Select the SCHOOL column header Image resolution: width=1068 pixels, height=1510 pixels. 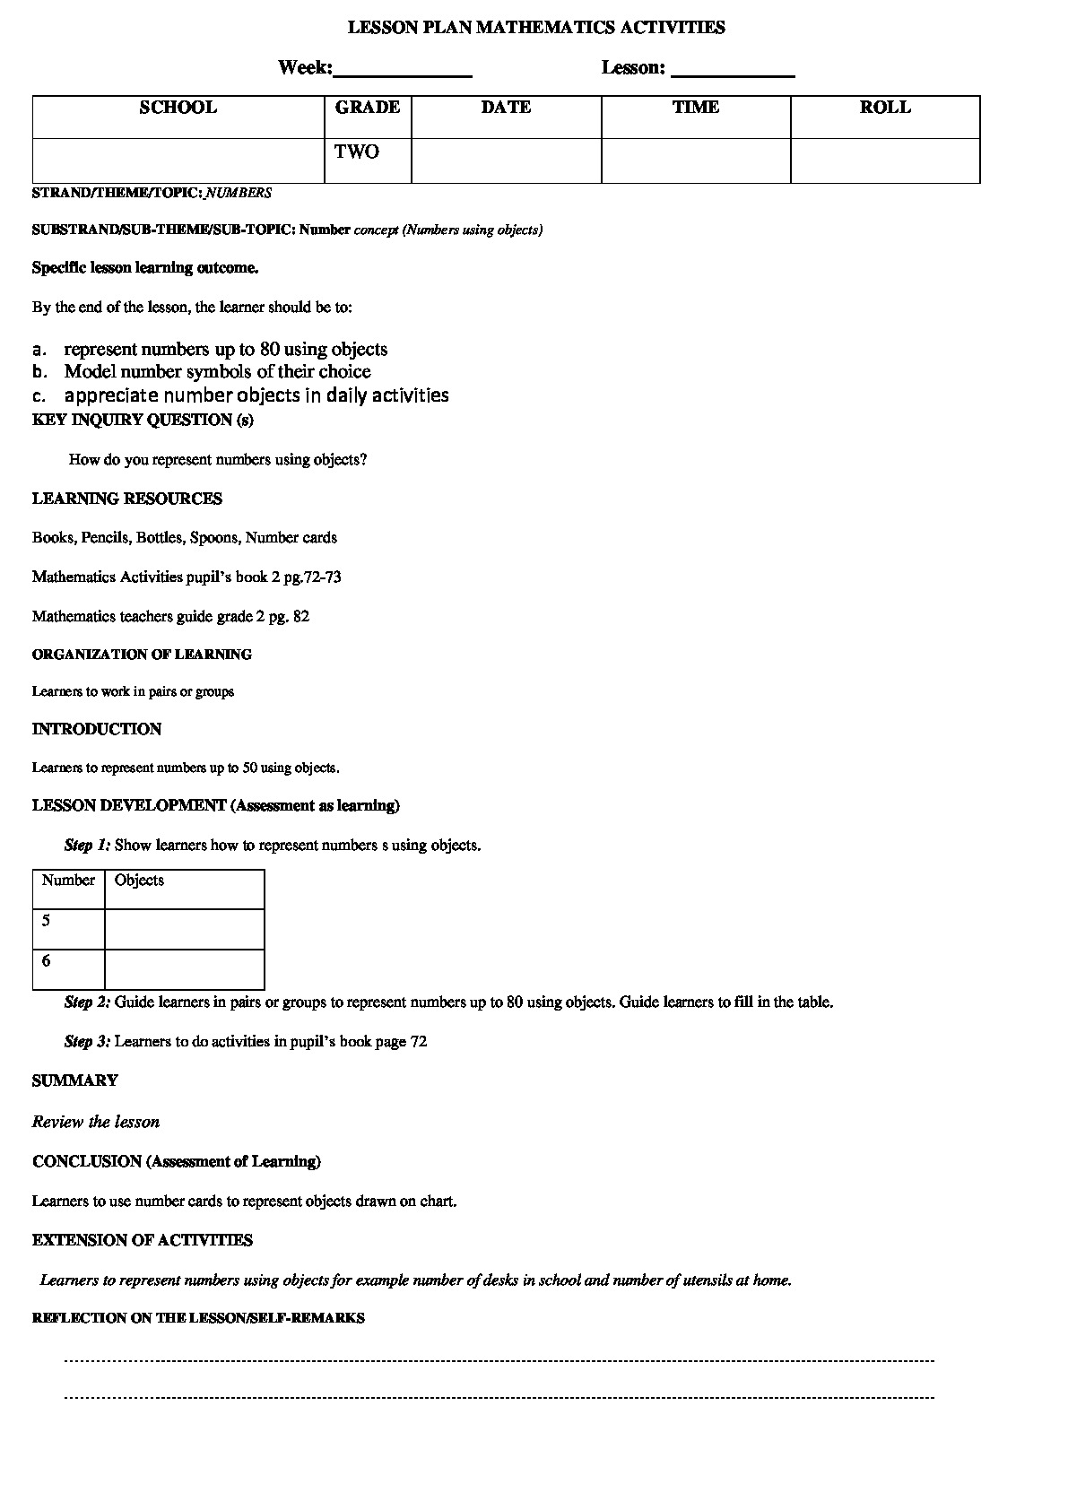[x=178, y=108]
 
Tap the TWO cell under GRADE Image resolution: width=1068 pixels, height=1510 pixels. [x=358, y=152]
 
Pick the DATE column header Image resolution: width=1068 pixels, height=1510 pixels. [x=506, y=108]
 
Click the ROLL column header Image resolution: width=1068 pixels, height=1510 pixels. [x=884, y=108]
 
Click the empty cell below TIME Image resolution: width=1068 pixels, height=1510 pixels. [x=695, y=161]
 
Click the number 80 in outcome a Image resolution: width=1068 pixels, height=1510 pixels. [x=270, y=350]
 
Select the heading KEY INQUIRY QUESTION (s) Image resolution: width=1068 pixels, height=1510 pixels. [x=143, y=420]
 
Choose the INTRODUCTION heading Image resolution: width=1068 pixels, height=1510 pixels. [x=97, y=730]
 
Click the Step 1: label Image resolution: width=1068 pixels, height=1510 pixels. [x=88, y=846]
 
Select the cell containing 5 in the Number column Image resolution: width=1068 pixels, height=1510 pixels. [x=68, y=930]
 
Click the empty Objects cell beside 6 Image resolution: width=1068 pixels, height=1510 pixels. [x=184, y=969]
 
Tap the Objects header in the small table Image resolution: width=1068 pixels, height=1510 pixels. [x=140, y=881]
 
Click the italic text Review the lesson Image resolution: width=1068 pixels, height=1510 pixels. [x=96, y=1123]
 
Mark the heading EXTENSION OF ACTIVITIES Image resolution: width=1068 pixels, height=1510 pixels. [x=143, y=1241]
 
